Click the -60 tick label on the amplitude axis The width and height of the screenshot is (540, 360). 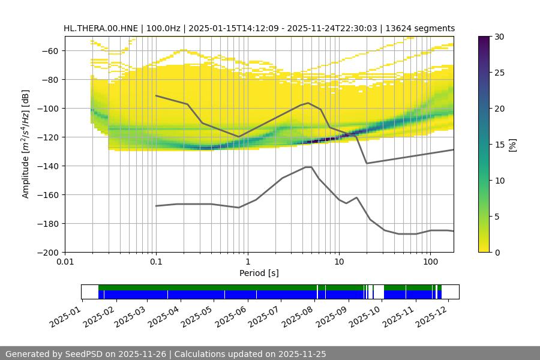pos(49,50)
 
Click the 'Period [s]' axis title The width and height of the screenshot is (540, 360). pos(259,273)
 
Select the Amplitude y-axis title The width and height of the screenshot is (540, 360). pos(25,144)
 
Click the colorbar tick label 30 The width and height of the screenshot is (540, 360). pos(499,37)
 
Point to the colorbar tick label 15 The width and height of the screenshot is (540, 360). pos(499,145)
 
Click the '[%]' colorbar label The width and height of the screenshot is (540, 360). pos(513,145)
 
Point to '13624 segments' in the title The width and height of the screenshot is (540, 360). pos(420,28)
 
